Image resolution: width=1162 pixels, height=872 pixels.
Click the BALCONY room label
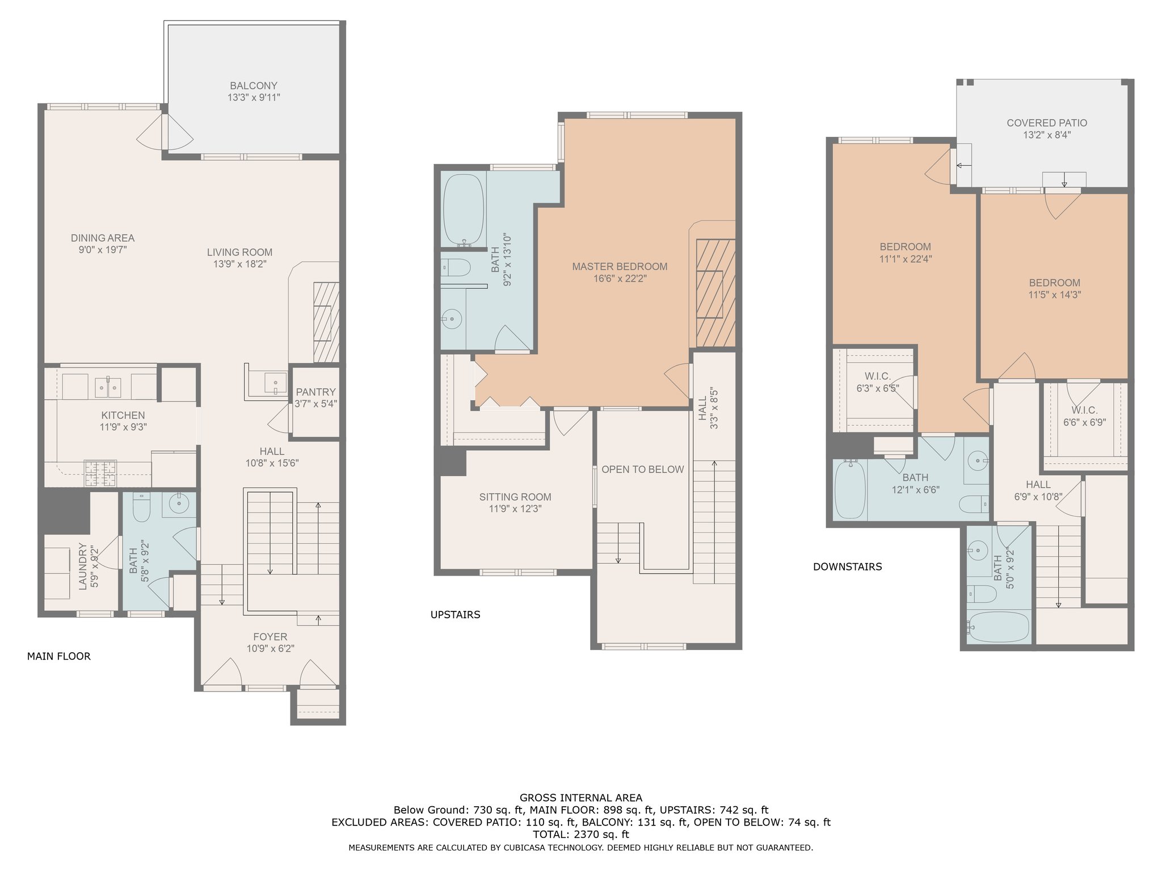[x=254, y=86]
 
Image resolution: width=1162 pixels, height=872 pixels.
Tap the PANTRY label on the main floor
[x=315, y=392]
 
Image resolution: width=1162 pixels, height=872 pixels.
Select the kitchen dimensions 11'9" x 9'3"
[x=123, y=427]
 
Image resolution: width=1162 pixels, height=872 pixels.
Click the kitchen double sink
[x=108, y=387]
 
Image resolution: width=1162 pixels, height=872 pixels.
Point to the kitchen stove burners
[x=100, y=473]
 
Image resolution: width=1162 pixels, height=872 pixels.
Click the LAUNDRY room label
[x=83, y=566]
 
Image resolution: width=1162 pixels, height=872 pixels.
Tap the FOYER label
[x=270, y=637]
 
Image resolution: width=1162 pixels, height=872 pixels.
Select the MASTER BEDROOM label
[x=620, y=266]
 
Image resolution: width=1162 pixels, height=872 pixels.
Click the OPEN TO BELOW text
[x=642, y=469]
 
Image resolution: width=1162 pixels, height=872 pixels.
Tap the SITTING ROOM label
[x=515, y=497]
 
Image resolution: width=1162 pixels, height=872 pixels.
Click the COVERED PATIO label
[x=1047, y=123]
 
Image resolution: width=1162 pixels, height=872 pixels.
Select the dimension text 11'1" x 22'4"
[x=905, y=259]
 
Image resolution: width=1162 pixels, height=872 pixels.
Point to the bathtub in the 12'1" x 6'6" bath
[x=849, y=489]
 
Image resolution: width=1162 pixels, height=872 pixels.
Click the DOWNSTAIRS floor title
[x=847, y=567]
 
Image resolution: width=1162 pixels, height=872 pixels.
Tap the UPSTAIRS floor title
[x=455, y=614]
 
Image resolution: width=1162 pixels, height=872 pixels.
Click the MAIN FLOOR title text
[x=58, y=656]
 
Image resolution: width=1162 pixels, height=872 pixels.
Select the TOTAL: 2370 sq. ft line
[x=580, y=835]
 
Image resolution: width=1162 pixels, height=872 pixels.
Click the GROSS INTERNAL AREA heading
[x=580, y=798]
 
